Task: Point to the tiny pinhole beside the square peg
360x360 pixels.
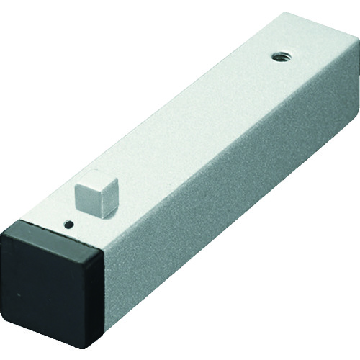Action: [x=68, y=224]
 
